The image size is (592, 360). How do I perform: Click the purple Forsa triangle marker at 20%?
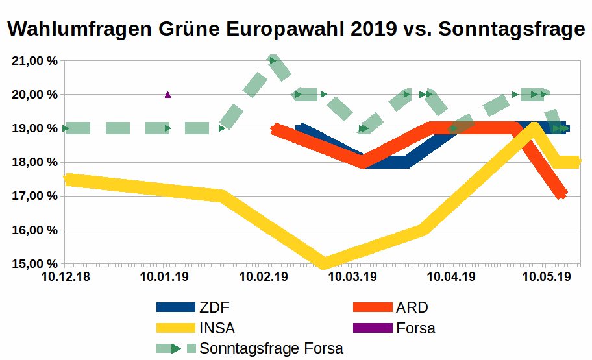coord(168,95)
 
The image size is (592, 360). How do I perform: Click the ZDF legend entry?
coord(214,307)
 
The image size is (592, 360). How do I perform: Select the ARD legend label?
coord(412,307)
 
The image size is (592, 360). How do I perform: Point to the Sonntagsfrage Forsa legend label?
coord(271,348)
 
